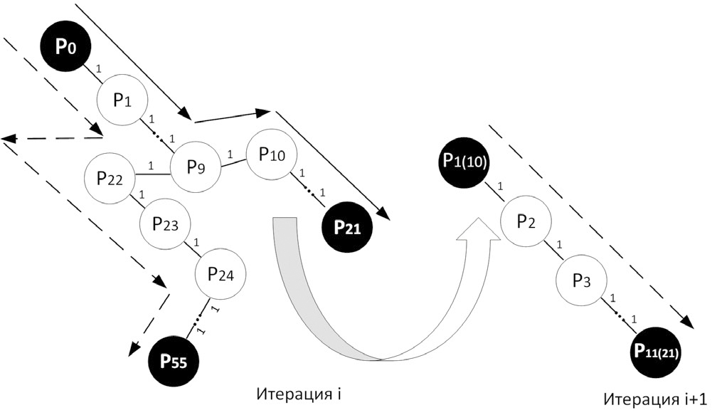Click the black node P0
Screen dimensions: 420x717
point(65,47)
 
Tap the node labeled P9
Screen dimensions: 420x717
point(195,167)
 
